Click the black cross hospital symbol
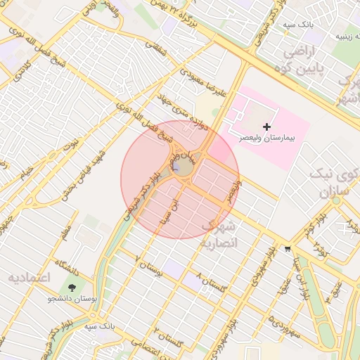coord(266,125)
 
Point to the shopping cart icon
coord(288,249)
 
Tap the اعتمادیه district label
coord(30,277)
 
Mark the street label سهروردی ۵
coord(288,331)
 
